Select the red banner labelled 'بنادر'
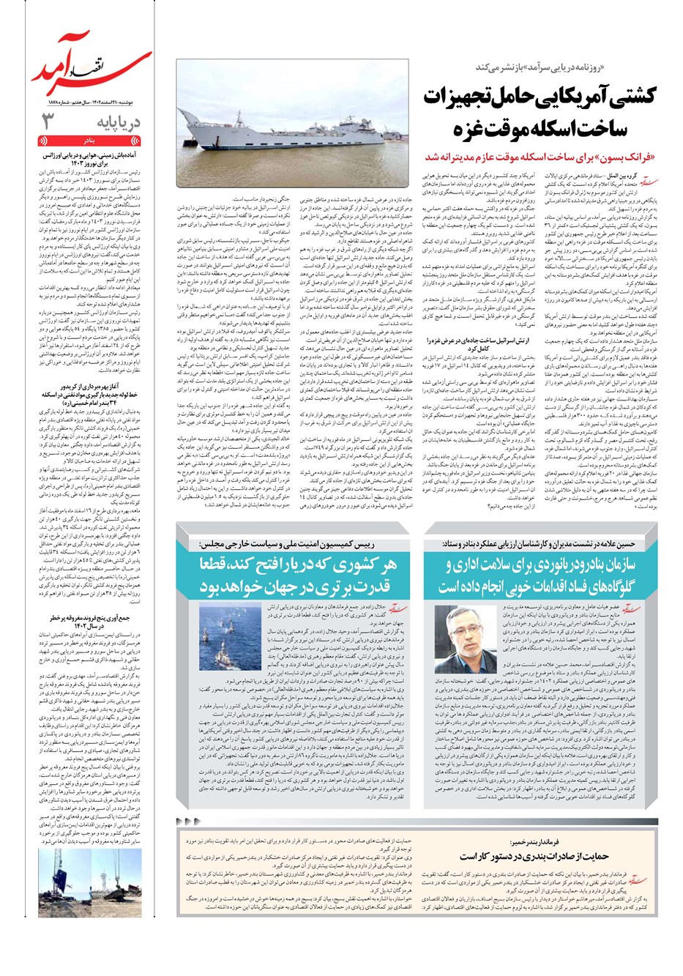[89, 139]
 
